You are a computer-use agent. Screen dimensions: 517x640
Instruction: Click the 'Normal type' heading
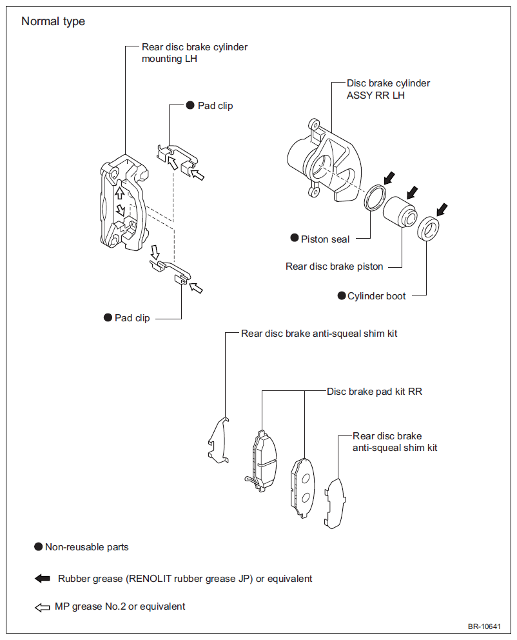(x=53, y=21)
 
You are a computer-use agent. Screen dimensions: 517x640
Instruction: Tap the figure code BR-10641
(x=484, y=626)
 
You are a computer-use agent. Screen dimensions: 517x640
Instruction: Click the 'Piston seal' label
(x=325, y=239)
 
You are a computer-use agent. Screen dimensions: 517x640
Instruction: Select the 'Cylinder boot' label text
(x=376, y=296)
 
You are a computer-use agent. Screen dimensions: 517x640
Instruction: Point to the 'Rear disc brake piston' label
(x=335, y=266)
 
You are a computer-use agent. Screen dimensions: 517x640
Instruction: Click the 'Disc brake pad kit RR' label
(x=375, y=392)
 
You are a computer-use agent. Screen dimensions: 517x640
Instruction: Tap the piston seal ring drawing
(x=375, y=197)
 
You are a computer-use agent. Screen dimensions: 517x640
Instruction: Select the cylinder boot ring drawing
(x=428, y=229)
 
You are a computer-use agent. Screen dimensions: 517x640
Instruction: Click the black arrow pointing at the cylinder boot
(x=442, y=210)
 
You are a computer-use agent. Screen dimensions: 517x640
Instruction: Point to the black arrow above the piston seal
(x=389, y=177)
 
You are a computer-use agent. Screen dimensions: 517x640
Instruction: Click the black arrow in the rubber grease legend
(x=43, y=578)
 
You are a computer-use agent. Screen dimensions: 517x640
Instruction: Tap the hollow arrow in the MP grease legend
(x=43, y=607)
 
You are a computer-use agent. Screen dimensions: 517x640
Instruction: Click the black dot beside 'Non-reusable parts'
(x=38, y=546)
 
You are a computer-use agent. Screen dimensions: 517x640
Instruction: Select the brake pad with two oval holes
(x=302, y=488)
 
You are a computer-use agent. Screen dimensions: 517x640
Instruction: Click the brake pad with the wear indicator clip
(x=264, y=461)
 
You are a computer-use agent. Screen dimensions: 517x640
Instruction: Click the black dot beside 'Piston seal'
(x=295, y=237)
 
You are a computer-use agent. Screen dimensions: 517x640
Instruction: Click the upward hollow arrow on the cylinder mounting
(x=119, y=192)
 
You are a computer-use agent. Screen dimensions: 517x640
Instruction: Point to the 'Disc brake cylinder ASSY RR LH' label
(x=388, y=89)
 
